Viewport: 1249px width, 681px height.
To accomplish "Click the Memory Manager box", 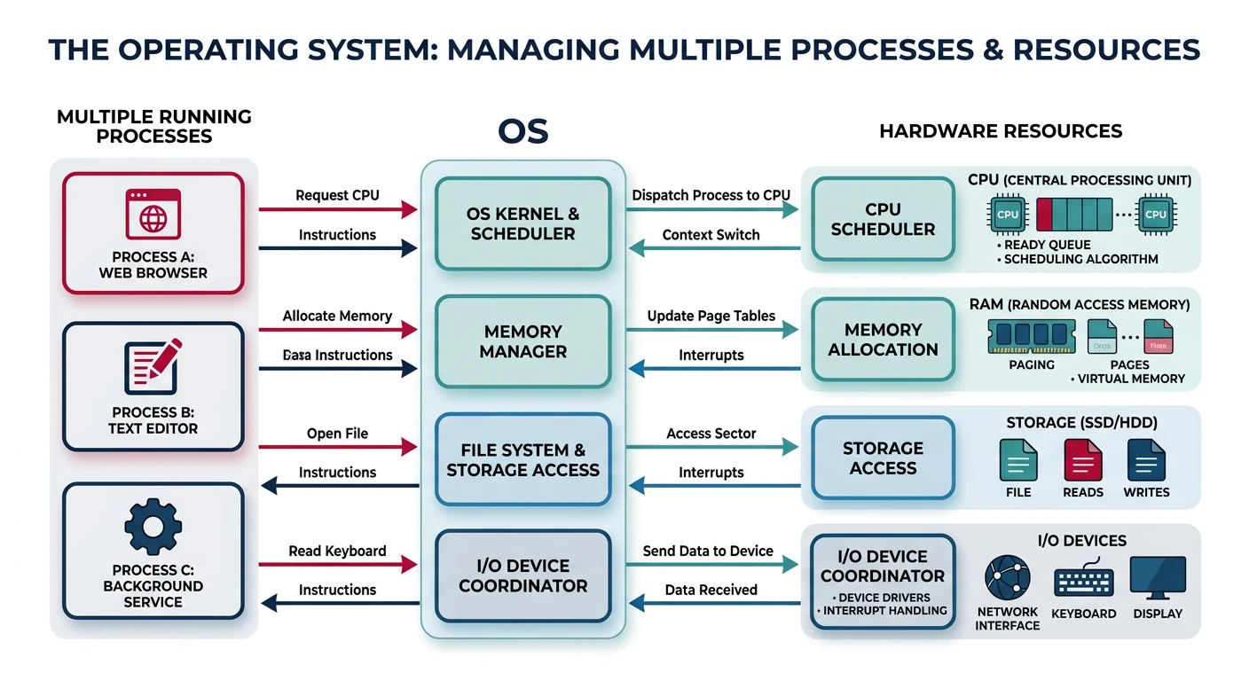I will (522, 341).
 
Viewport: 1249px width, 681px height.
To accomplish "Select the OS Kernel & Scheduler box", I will (522, 223).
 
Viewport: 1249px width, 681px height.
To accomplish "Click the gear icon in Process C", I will (153, 527).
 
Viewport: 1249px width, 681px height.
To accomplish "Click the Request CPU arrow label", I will (337, 195).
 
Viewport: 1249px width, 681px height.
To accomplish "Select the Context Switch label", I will (711, 235).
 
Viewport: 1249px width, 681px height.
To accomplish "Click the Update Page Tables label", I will (711, 316).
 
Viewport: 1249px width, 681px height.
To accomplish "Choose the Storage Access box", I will (882, 458).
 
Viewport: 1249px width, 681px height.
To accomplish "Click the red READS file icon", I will (1082, 460).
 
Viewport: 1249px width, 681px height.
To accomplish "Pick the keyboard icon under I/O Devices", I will (1083, 580).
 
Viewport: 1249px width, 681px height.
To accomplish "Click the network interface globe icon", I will (1007, 578).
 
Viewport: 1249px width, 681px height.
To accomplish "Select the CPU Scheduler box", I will (882, 219).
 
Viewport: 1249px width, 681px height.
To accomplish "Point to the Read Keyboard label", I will (337, 551).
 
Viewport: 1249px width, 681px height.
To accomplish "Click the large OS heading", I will (522, 132).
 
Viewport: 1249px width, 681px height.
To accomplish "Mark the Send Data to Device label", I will (708, 551).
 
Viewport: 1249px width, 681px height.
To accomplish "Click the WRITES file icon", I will (1145, 460).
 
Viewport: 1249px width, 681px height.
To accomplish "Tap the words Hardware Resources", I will (1001, 131).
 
